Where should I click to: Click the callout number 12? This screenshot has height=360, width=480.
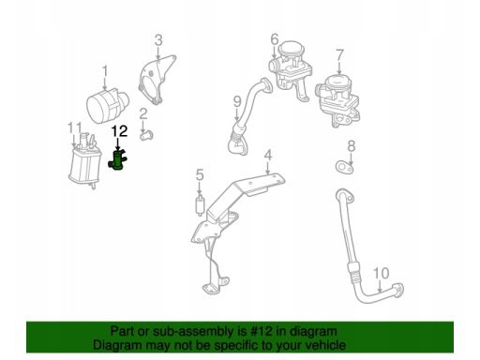(119, 131)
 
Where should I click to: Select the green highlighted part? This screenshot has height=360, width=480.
(118, 159)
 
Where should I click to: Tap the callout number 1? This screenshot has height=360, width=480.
(105, 71)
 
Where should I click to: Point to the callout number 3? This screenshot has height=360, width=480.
(158, 40)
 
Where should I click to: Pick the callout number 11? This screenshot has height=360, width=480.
(75, 128)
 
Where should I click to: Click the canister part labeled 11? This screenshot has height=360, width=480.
(84, 161)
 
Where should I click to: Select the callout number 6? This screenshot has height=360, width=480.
(275, 39)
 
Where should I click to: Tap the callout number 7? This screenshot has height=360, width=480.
(339, 55)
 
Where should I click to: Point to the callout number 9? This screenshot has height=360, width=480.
(237, 102)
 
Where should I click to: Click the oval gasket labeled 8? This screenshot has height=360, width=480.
(344, 167)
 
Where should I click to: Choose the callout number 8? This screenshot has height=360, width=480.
(352, 146)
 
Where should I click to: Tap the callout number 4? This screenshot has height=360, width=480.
(268, 156)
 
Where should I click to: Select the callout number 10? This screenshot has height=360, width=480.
(382, 273)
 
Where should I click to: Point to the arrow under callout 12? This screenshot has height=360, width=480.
(118, 143)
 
